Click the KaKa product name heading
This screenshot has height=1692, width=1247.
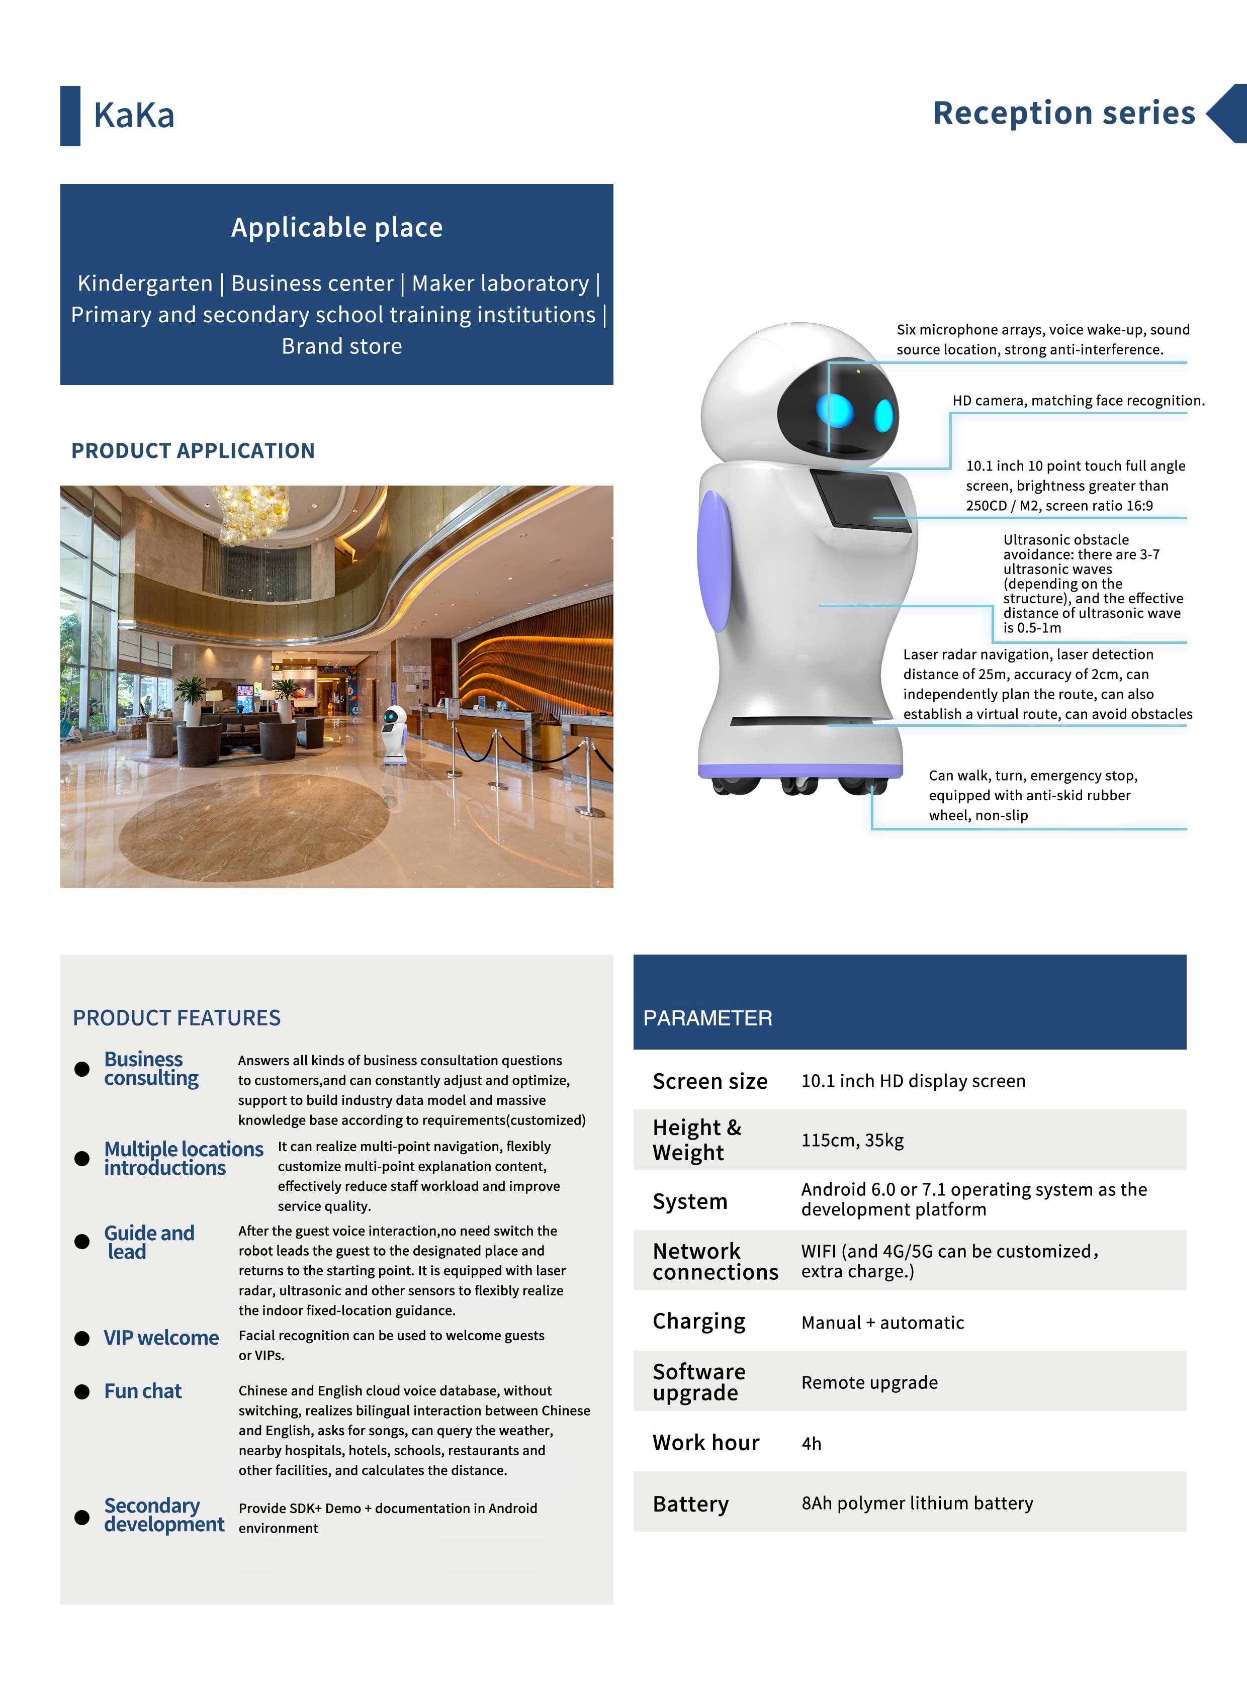(x=134, y=116)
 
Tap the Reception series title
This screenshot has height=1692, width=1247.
(x=1063, y=113)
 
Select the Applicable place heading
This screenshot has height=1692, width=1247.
(x=337, y=228)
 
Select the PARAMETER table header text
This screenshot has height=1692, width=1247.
(x=707, y=1018)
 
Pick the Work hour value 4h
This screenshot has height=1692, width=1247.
(x=812, y=1444)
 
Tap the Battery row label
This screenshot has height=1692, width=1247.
(x=691, y=1504)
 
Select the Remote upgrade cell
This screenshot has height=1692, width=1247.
(x=869, y=1382)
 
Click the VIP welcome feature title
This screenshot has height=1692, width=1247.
(x=161, y=1338)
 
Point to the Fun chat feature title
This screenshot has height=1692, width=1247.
(x=143, y=1391)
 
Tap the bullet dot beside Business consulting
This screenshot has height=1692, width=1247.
(x=81, y=1069)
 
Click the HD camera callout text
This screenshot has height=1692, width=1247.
(x=1078, y=401)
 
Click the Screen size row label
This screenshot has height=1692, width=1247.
(x=709, y=1081)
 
